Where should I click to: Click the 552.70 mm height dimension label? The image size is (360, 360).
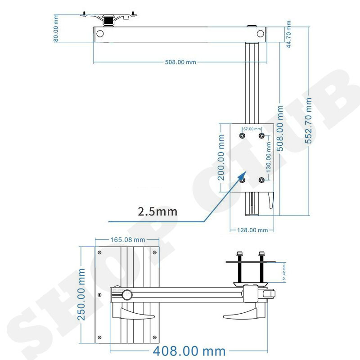click(x=309, y=121)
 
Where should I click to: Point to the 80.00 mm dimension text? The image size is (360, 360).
click(x=56, y=28)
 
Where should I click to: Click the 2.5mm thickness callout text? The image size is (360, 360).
click(x=157, y=211)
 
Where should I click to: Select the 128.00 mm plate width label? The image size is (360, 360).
click(x=252, y=230)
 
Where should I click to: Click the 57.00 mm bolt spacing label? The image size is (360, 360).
click(x=252, y=128)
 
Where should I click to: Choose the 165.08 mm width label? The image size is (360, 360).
click(x=128, y=240)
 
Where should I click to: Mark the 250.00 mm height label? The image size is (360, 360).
click(x=81, y=294)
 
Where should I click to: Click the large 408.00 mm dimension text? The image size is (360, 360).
click(x=189, y=351)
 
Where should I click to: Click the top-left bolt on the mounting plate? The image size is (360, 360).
click(x=243, y=135)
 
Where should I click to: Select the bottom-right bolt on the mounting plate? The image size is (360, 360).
click(x=261, y=180)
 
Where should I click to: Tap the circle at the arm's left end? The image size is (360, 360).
click(x=100, y=33)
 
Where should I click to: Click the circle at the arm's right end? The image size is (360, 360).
click(x=261, y=33)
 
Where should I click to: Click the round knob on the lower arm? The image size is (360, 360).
click(x=127, y=295)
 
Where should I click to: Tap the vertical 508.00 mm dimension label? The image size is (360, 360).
click(x=280, y=128)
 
